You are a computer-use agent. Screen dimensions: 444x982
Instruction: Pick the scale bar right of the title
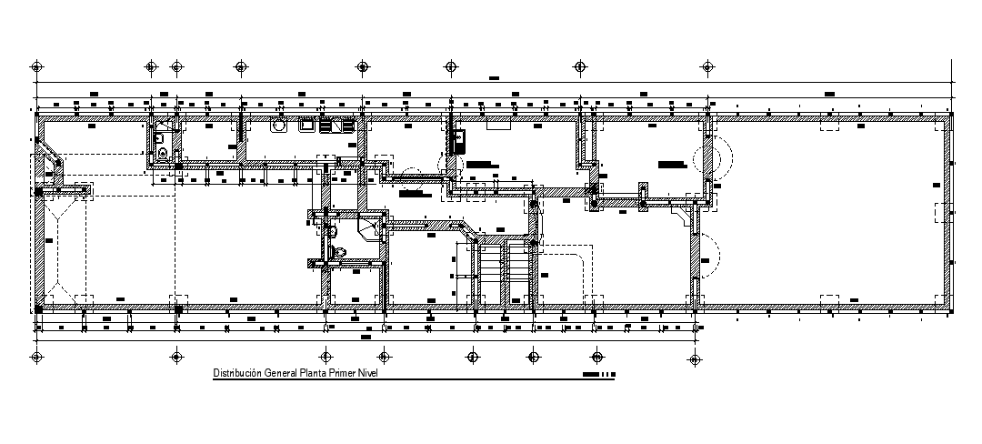pyautogui.click(x=599, y=374)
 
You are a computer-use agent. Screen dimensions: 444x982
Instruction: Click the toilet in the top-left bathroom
pyautogui.click(x=162, y=154)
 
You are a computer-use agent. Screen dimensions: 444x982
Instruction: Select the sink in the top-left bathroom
pyautogui.click(x=159, y=136)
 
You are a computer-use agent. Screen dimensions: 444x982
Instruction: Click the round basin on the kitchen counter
pyautogui.click(x=279, y=126)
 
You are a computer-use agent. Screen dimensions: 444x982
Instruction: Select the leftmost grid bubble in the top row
pyautogui.click(x=35, y=66)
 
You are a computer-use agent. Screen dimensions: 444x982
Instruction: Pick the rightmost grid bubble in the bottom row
pyautogui.click(x=697, y=356)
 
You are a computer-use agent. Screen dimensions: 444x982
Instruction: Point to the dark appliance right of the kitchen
pyautogui.click(x=458, y=140)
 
